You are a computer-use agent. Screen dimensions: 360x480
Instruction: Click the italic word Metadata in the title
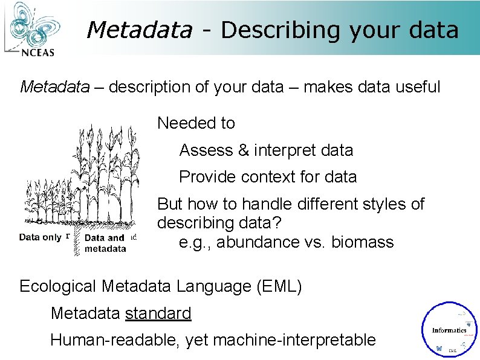click(140, 30)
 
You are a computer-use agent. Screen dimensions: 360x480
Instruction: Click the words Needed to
click(196, 123)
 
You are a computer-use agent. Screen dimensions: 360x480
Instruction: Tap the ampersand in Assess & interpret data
click(244, 150)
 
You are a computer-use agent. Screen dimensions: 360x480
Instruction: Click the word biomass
click(363, 242)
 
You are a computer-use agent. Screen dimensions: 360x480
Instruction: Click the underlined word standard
click(158, 313)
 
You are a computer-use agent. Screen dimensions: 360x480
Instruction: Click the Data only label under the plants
click(40, 237)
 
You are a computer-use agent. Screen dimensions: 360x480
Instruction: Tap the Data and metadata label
click(105, 243)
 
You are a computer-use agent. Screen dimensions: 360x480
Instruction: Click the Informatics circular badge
click(449, 329)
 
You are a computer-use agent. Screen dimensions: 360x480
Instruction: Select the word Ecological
click(59, 286)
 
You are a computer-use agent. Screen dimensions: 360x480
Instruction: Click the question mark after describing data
click(277, 223)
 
